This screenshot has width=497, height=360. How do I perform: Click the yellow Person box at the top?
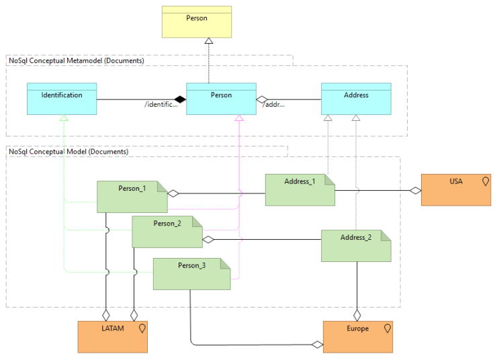[x=197, y=22]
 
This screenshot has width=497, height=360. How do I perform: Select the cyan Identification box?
[x=62, y=99]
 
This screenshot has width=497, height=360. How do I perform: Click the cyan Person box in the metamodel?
[x=221, y=99]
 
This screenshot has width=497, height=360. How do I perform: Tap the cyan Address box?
[x=356, y=99]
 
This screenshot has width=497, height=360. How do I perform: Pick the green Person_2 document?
[x=167, y=232]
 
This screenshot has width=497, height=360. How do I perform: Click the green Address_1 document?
[x=300, y=190]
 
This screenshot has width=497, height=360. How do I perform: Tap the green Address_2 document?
[x=356, y=246]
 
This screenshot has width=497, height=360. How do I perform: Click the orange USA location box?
[x=457, y=190]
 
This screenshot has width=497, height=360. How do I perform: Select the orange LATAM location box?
[x=112, y=336]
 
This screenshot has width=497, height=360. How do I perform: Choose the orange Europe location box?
[x=357, y=336]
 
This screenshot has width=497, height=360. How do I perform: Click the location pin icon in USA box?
[x=485, y=181]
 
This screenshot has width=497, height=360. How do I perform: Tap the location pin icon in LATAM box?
[x=141, y=328]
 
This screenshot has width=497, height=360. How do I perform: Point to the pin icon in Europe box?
[x=387, y=328]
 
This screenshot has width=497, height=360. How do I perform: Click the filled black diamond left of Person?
[x=179, y=99]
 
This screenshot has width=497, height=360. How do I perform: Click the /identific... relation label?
[x=161, y=105]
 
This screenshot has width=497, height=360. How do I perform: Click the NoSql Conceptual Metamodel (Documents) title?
[x=77, y=60]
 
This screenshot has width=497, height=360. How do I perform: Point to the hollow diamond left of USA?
[x=415, y=191]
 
